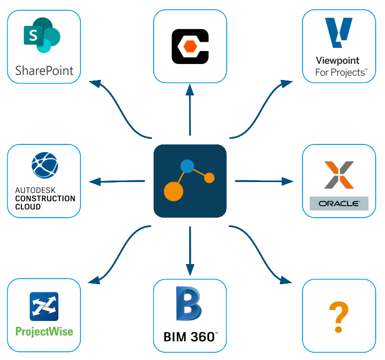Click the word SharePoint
44,70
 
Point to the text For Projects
341,73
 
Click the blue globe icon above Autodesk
44,165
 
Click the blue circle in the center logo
187,166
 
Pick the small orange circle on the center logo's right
209,178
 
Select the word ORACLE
339,203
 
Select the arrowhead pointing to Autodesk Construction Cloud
94,182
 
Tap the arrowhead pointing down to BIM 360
190,269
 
